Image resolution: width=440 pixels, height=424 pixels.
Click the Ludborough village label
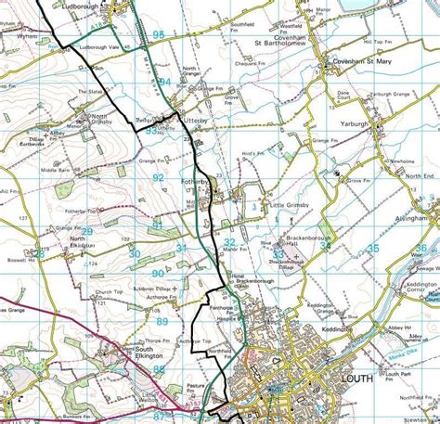point(79,6)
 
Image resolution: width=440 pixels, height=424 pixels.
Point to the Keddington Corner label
point(421,289)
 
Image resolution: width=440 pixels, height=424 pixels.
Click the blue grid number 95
point(158,34)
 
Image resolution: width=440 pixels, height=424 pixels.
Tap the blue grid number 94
point(164,82)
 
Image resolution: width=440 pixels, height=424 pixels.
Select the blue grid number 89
point(162,322)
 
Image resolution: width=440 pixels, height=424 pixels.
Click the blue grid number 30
point(135,253)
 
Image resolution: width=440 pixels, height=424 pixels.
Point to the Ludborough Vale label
point(101,45)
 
